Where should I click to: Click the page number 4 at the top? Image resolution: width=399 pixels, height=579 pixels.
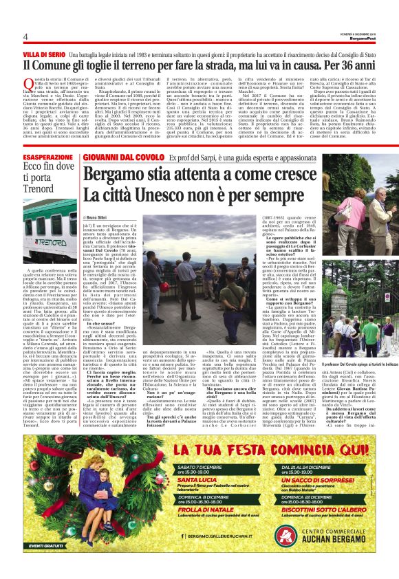click(x=25, y=36)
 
